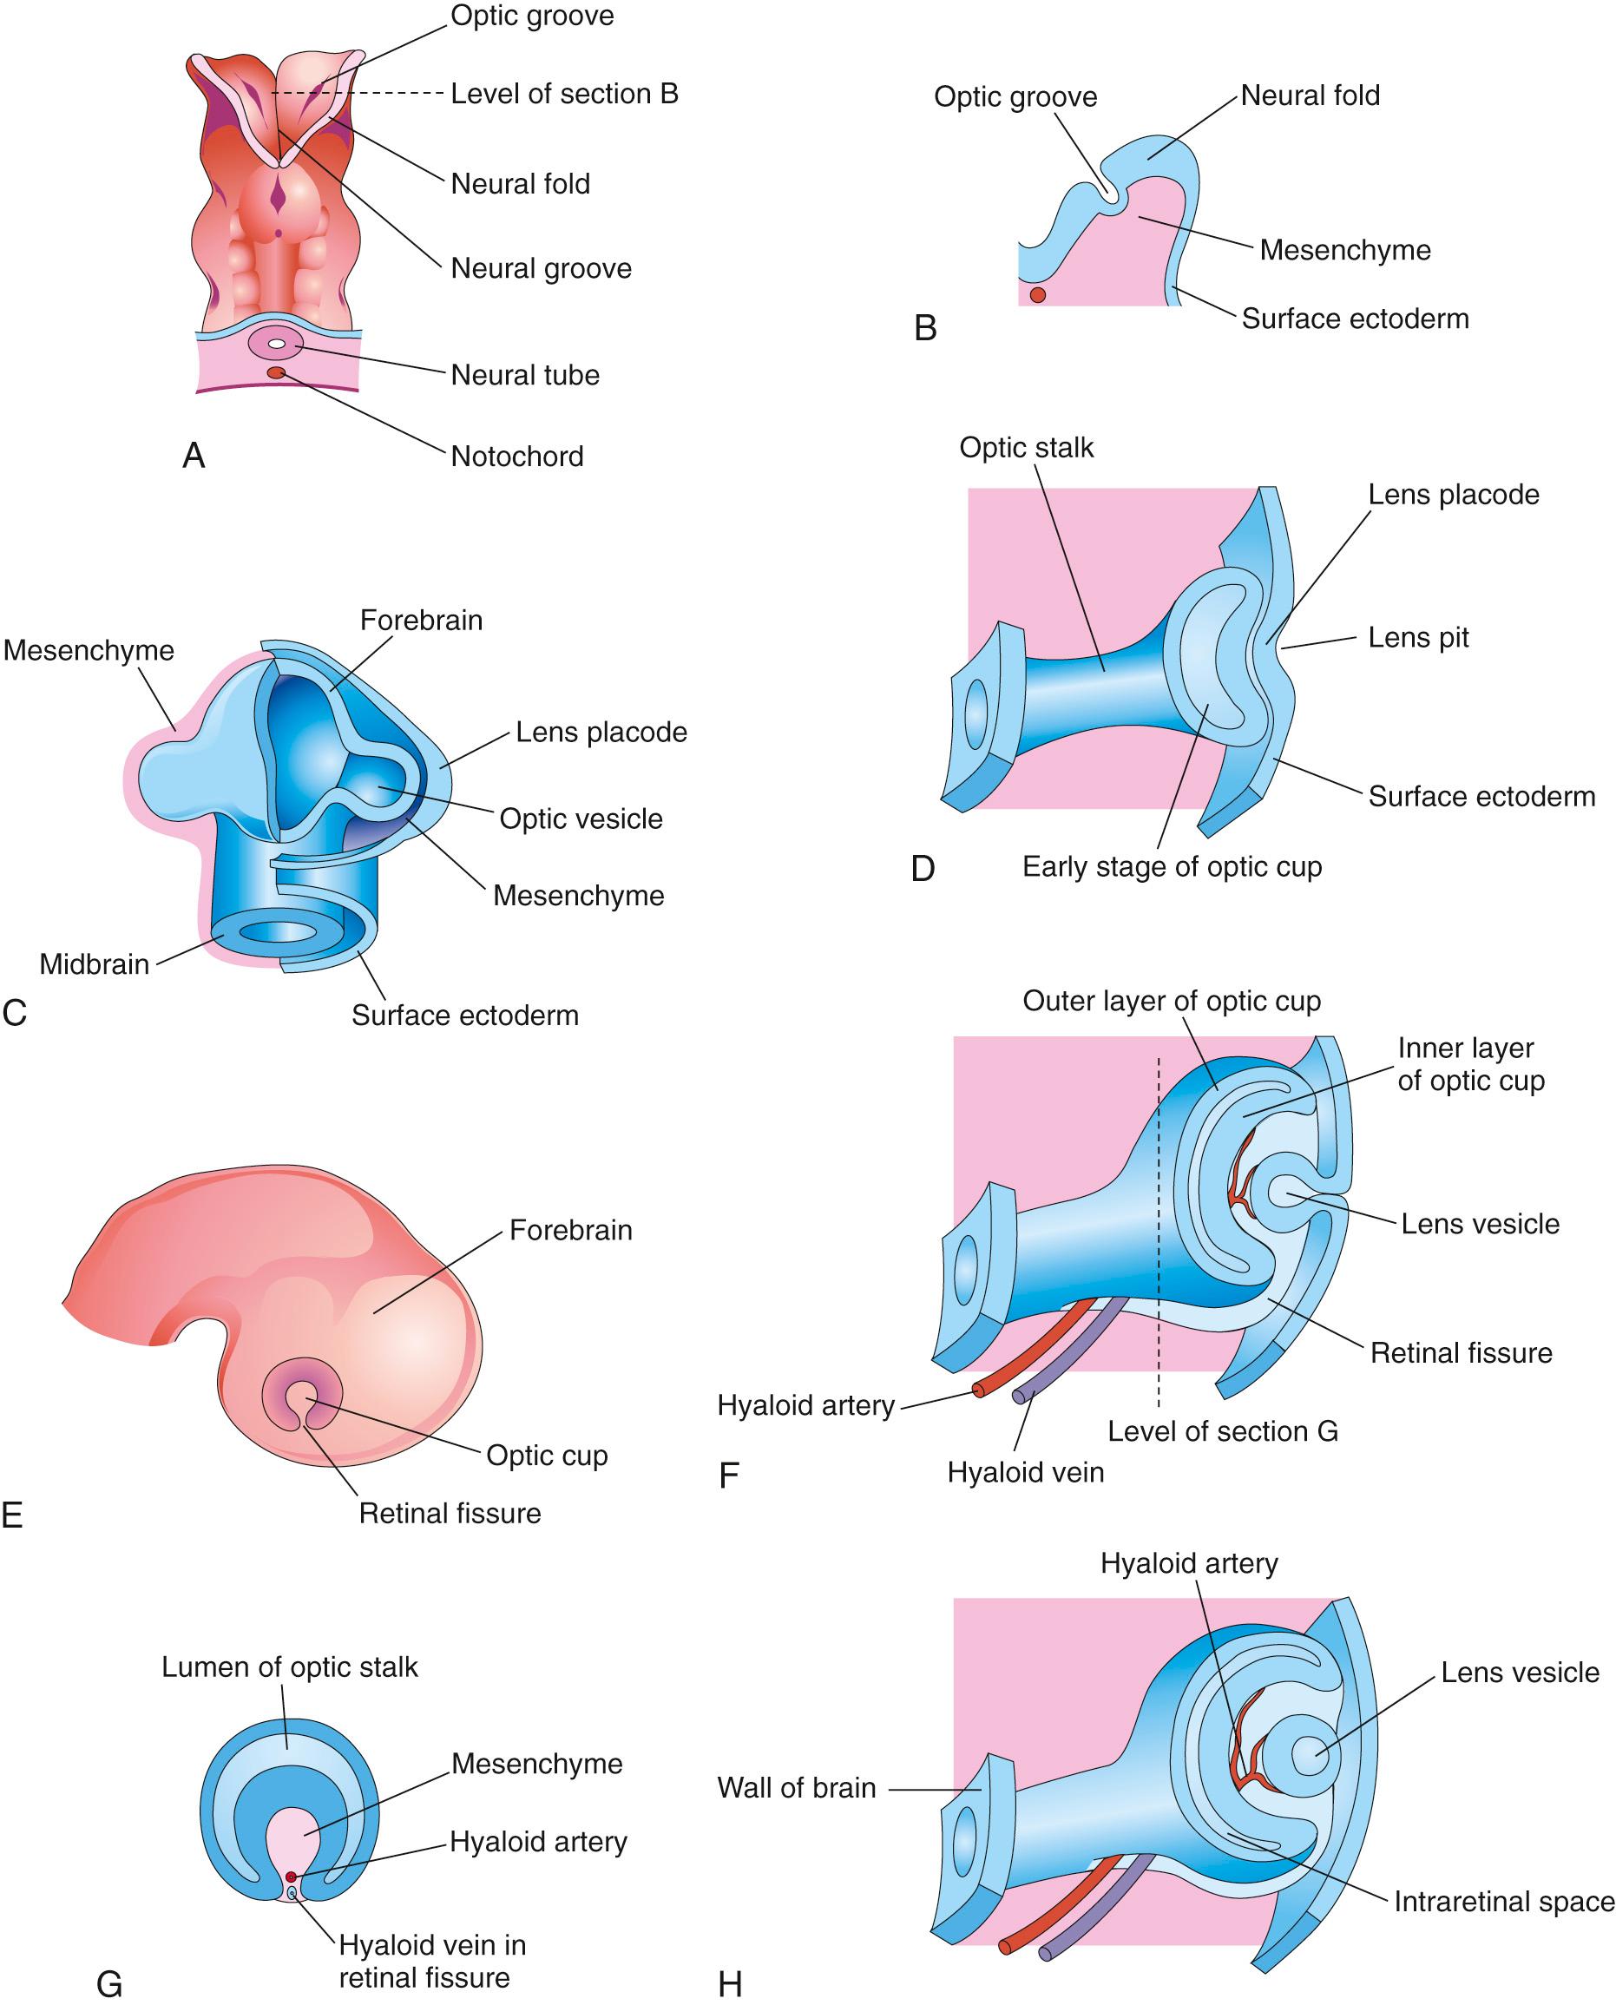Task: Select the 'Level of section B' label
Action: click(564, 93)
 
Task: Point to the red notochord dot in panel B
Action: click(1037, 295)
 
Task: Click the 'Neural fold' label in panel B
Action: click(1310, 95)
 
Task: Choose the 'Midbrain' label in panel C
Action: click(94, 963)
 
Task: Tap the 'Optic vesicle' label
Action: click(581, 818)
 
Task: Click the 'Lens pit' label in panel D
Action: click(1418, 638)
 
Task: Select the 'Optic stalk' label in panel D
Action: click(1026, 448)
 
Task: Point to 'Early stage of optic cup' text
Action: click(1171, 866)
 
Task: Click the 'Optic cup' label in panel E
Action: click(547, 1455)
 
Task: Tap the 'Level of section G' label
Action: click(1222, 1430)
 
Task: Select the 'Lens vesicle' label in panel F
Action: click(1479, 1223)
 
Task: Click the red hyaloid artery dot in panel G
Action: click(291, 1877)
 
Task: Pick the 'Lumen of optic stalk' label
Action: click(290, 1666)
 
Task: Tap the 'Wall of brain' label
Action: click(796, 1787)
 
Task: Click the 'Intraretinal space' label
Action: click(1503, 1901)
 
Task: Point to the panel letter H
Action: click(730, 1984)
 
